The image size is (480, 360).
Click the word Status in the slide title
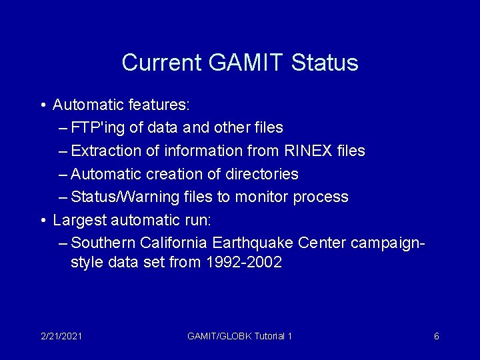click(x=325, y=63)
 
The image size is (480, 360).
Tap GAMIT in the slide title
click(x=248, y=63)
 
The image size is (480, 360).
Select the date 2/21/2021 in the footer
click(x=61, y=337)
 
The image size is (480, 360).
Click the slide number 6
click(x=436, y=337)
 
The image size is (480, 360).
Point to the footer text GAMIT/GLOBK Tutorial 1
click(x=240, y=337)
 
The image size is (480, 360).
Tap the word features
click(x=162, y=105)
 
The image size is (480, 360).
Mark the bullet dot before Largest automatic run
click(x=43, y=220)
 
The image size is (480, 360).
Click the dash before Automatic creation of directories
click(x=63, y=175)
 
